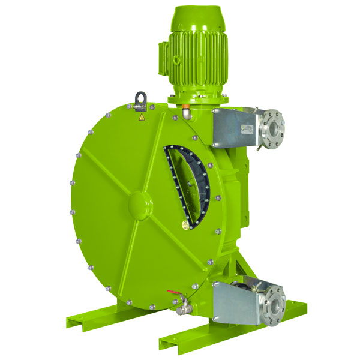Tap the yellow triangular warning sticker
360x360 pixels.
[142, 118]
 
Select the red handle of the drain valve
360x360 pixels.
[174, 294]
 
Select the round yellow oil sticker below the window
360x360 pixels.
[184, 224]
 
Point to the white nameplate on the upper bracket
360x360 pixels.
[247, 129]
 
